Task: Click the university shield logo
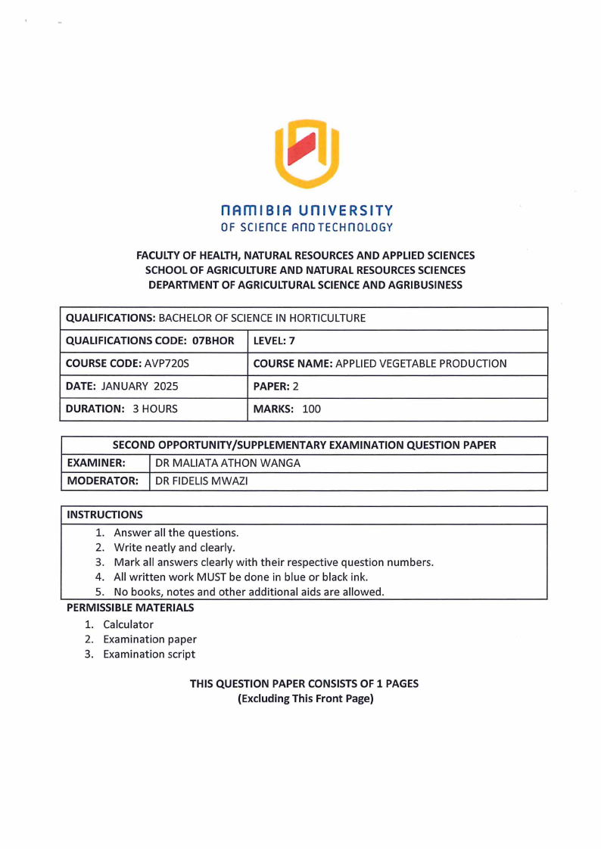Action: coord(307,154)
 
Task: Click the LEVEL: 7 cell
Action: coord(275,341)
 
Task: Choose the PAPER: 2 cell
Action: coord(273,386)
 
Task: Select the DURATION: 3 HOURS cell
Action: coord(122,409)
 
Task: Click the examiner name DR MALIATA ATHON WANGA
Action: coord(227,463)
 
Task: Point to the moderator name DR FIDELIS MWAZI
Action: coord(201,480)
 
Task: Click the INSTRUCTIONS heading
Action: coord(104,515)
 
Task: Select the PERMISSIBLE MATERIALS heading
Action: coord(130,607)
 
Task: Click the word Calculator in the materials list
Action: coord(128,624)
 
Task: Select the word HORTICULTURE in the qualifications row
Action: coord(332,318)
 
